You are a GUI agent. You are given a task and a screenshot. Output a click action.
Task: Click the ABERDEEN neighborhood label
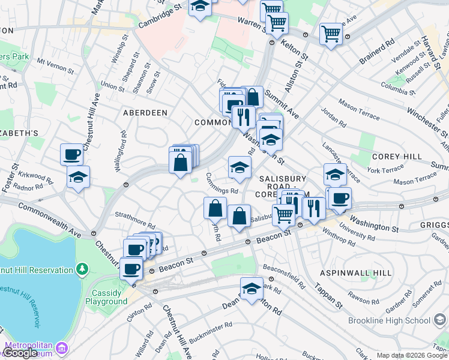tap(145, 113)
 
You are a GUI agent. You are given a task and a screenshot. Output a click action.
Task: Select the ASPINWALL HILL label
tap(356, 272)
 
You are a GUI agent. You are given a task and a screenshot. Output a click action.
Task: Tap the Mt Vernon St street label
tap(55, 65)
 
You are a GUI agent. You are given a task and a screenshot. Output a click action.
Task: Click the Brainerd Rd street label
tap(377, 52)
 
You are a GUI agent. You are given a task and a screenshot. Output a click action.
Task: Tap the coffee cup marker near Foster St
tap(71, 155)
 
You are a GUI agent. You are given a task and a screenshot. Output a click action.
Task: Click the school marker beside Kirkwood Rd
tap(78, 176)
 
